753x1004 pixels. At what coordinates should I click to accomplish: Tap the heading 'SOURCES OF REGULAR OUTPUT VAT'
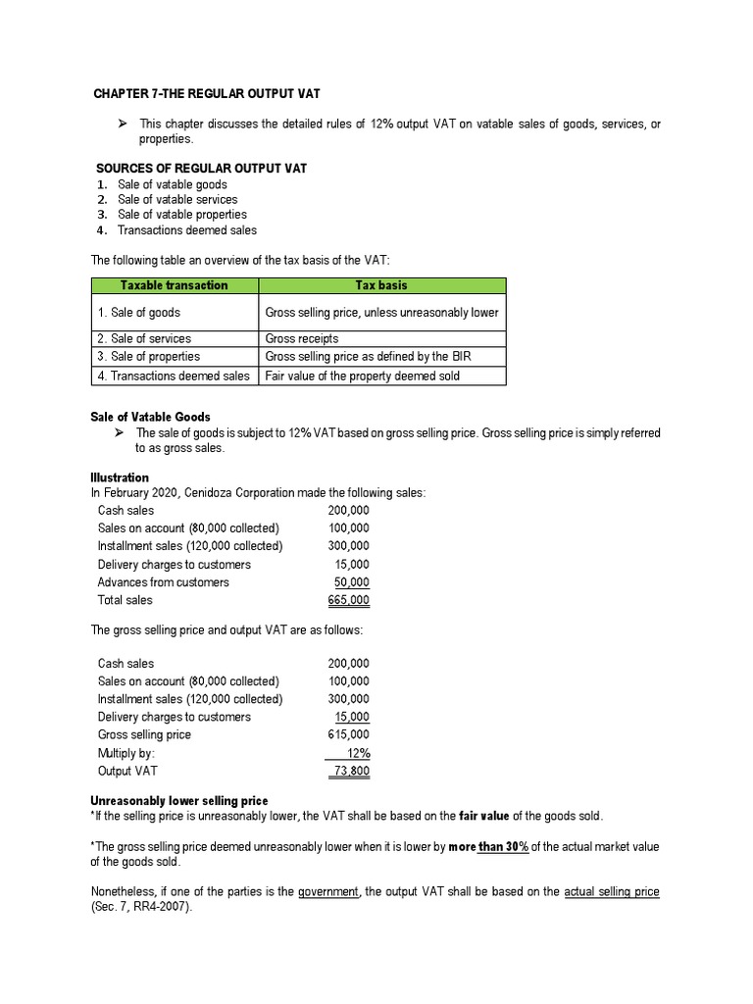tap(201, 169)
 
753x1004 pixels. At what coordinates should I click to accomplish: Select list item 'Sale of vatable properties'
tap(181, 215)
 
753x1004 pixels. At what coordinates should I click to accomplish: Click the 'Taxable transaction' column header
tap(174, 285)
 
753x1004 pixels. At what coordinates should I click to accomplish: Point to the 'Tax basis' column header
tap(381, 285)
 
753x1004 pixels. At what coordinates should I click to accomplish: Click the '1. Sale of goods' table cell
tap(138, 313)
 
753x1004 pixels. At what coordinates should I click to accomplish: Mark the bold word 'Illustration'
tap(120, 477)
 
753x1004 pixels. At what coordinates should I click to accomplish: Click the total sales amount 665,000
tap(349, 600)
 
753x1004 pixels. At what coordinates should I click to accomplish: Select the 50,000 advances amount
tap(352, 582)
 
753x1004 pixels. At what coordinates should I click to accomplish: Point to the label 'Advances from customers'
tap(163, 582)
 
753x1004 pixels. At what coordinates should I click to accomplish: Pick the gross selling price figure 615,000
tap(349, 734)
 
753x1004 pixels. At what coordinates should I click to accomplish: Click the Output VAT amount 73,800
tap(351, 771)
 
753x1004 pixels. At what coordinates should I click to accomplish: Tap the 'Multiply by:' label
tap(126, 753)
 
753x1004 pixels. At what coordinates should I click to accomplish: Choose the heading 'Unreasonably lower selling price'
tap(178, 801)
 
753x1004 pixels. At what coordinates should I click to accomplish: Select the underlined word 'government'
tap(330, 892)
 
